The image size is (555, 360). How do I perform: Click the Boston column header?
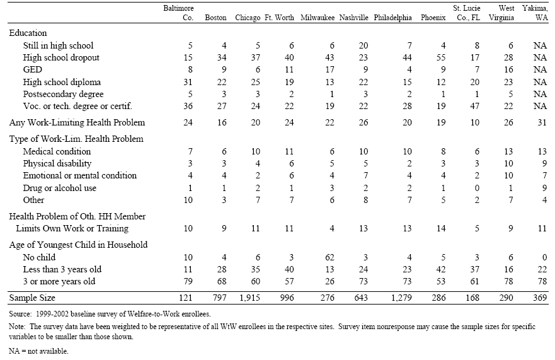[216, 18]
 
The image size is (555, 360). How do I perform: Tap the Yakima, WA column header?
[532, 13]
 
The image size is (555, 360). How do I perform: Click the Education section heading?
[28, 33]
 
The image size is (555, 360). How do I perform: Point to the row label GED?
[33, 70]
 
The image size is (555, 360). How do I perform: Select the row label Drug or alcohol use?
[59, 188]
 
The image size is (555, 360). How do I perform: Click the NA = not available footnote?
[38, 351]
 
